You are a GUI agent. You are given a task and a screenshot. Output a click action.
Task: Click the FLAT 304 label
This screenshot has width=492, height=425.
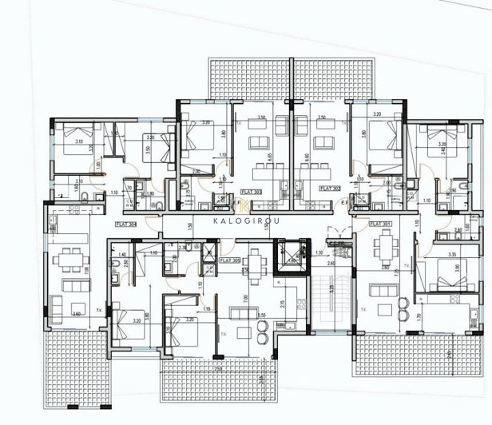pos(126,224)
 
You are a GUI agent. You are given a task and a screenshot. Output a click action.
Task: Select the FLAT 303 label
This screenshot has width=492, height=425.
pos(250,192)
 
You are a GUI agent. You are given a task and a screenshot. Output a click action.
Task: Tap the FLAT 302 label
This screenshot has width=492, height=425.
pos(329,189)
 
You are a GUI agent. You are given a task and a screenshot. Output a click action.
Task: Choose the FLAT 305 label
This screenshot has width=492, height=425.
pos(230,260)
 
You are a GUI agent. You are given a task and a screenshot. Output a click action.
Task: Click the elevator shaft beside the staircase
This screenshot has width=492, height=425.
pos(287,259)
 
